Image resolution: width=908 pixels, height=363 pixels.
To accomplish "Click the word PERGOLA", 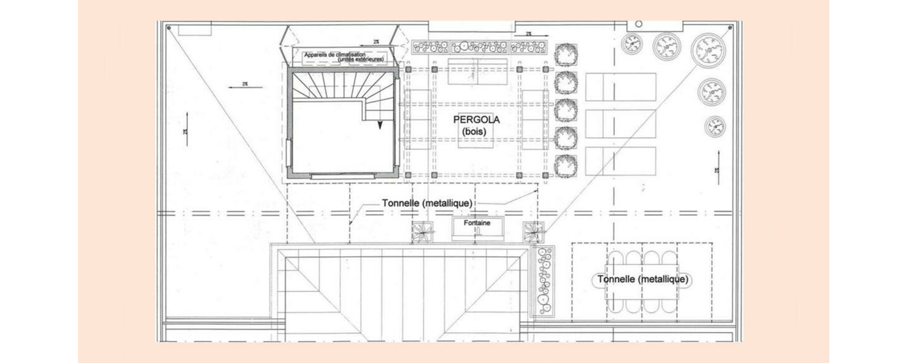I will pyautogui.click(x=476, y=120).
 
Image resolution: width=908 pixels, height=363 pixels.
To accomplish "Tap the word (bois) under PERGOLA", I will pyautogui.click(x=474, y=131).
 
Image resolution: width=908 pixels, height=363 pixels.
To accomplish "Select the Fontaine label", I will pyautogui.click(x=477, y=223).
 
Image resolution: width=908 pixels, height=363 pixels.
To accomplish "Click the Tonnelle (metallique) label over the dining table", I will pyautogui.click(x=642, y=279).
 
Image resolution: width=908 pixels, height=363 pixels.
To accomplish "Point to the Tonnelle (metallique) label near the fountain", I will pyautogui.click(x=427, y=203).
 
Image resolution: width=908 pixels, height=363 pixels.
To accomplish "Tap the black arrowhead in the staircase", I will pyautogui.click(x=379, y=125).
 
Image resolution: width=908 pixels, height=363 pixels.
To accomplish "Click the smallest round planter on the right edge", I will pyautogui.click(x=715, y=127).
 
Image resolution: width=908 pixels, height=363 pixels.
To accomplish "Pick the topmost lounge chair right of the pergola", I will pyautogui.click(x=620, y=87).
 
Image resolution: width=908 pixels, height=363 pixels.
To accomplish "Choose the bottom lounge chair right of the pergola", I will pyautogui.click(x=620, y=161).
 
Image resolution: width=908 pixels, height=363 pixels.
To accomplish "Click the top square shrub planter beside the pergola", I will pyautogui.click(x=566, y=55).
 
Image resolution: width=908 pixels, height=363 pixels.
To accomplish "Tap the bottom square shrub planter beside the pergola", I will pyautogui.click(x=566, y=166).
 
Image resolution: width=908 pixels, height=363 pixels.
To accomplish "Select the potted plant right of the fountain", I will pyautogui.click(x=534, y=232).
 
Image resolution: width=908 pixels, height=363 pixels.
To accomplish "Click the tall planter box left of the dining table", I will pyautogui.click(x=543, y=281).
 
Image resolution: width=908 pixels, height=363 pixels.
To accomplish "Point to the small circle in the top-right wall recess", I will pyautogui.click(x=638, y=24).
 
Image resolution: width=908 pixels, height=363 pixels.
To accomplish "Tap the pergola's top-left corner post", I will pyautogui.click(x=408, y=69).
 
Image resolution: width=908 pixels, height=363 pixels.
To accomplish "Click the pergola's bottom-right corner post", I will pyautogui.click(x=545, y=175).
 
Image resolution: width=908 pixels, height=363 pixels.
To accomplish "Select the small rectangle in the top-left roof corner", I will pyautogui.click(x=194, y=30).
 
